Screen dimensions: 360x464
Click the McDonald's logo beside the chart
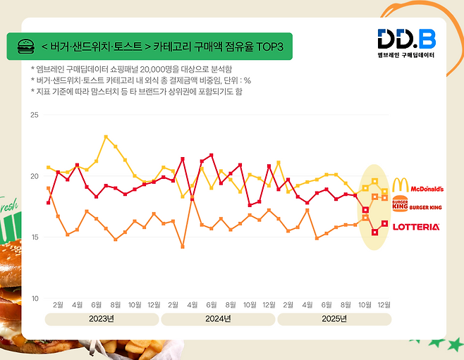(417, 186)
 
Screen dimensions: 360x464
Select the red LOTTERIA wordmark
(415, 227)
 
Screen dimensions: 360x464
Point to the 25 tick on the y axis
(35, 114)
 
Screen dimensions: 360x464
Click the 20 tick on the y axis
(35, 175)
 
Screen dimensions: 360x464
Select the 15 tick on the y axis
(35, 237)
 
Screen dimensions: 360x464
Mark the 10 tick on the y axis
(35, 299)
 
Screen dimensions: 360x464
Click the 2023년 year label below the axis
(102, 318)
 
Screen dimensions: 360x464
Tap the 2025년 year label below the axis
(334, 318)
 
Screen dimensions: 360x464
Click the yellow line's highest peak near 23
(106, 137)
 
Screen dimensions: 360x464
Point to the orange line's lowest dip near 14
(183, 247)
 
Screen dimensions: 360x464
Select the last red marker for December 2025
(384, 223)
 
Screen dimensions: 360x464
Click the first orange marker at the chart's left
(48, 188)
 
